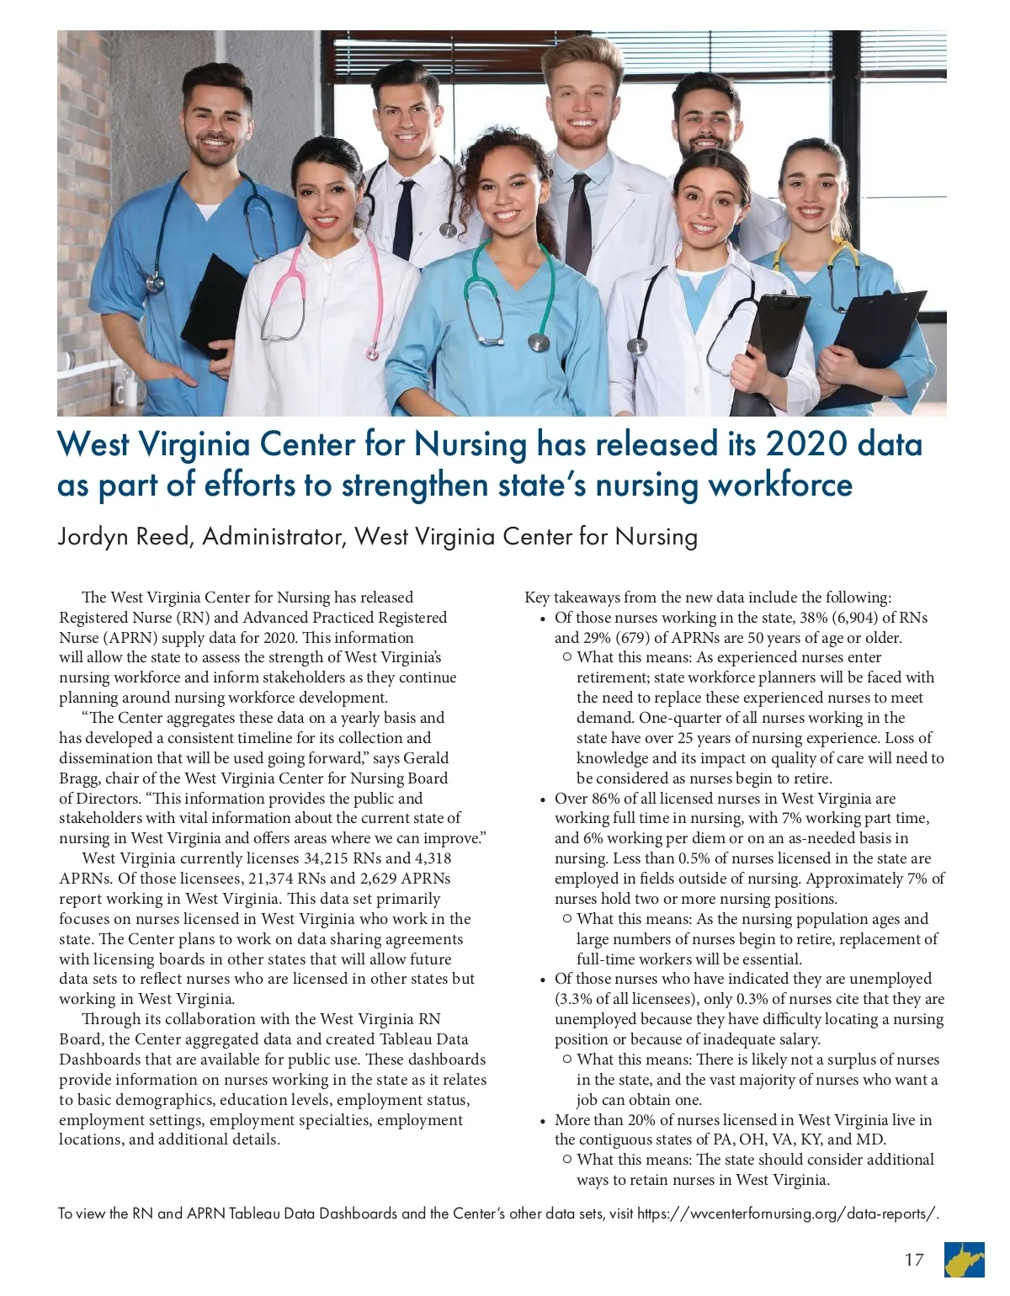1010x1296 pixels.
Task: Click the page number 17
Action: [914, 1260]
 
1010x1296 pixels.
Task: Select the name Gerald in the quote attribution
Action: [426, 757]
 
